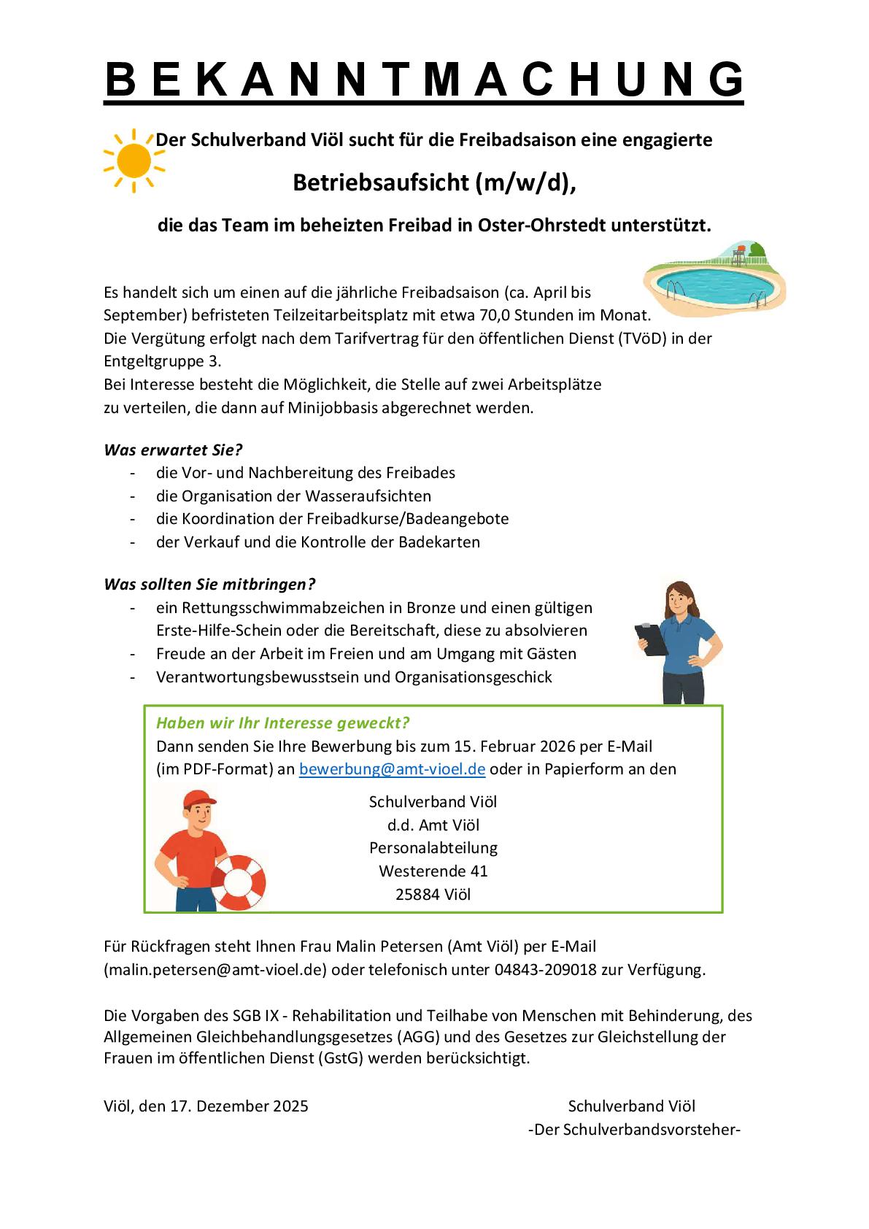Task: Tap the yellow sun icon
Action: coord(134,161)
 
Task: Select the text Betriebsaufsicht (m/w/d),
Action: coord(434,182)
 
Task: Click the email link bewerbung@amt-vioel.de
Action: coord(392,768)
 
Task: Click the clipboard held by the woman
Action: coord(652,640)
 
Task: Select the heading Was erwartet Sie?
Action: coord(173,450)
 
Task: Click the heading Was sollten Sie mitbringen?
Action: coord(209,584)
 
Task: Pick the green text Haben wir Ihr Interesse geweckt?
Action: coord(282,723)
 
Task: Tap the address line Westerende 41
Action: coord(433,871)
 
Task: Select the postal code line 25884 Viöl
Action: coord(433,894)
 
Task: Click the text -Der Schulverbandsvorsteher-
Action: coord(634,1129)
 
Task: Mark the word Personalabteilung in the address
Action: coord(433,848)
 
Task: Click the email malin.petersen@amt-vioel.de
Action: coord(215,970)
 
